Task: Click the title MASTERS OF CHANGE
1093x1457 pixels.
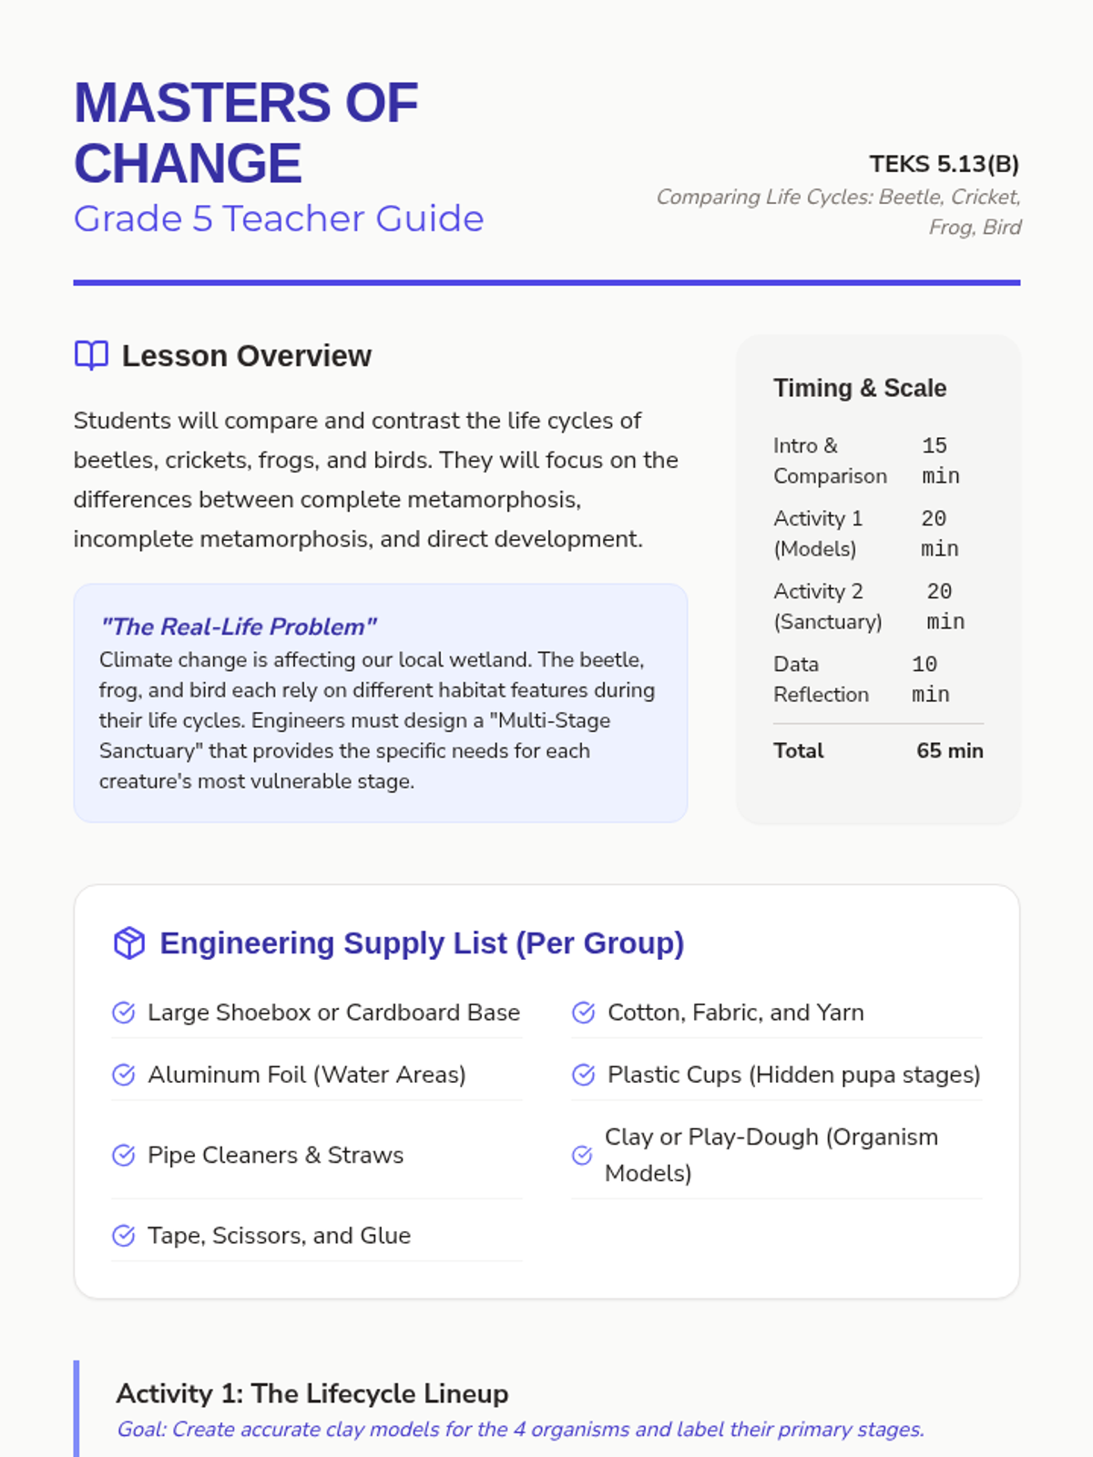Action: [246, 133]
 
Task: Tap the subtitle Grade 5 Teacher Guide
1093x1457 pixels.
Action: [279, 219]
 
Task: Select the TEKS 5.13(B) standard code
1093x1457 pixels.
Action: [944, 164]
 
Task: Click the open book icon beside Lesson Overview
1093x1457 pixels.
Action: [91, 355]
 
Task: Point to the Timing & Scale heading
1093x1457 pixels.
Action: [860, 388]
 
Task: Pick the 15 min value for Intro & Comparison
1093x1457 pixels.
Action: [940, 461]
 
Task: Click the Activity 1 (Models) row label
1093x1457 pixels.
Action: [818, 534]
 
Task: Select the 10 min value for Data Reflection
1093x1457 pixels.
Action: [930, 679]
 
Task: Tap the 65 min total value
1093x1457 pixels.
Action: [949, 750]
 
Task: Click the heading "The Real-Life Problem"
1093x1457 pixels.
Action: [239, 627]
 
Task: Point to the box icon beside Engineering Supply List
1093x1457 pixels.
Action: [129, 943]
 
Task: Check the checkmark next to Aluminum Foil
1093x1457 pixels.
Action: [124, 1075]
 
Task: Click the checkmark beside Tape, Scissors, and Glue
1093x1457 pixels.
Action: [124, 1236]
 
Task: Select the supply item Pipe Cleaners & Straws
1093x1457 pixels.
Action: [275, 1155]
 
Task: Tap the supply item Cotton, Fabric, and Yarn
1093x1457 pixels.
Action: [735, 1013]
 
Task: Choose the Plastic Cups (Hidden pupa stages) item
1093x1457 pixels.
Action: [793, 1075]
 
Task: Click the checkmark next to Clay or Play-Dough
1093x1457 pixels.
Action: [582, 1155]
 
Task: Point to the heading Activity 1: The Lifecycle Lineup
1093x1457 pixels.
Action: [312, 1393]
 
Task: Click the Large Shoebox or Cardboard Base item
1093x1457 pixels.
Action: [333, 1013]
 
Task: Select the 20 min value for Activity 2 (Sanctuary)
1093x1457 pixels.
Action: [945, 606]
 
